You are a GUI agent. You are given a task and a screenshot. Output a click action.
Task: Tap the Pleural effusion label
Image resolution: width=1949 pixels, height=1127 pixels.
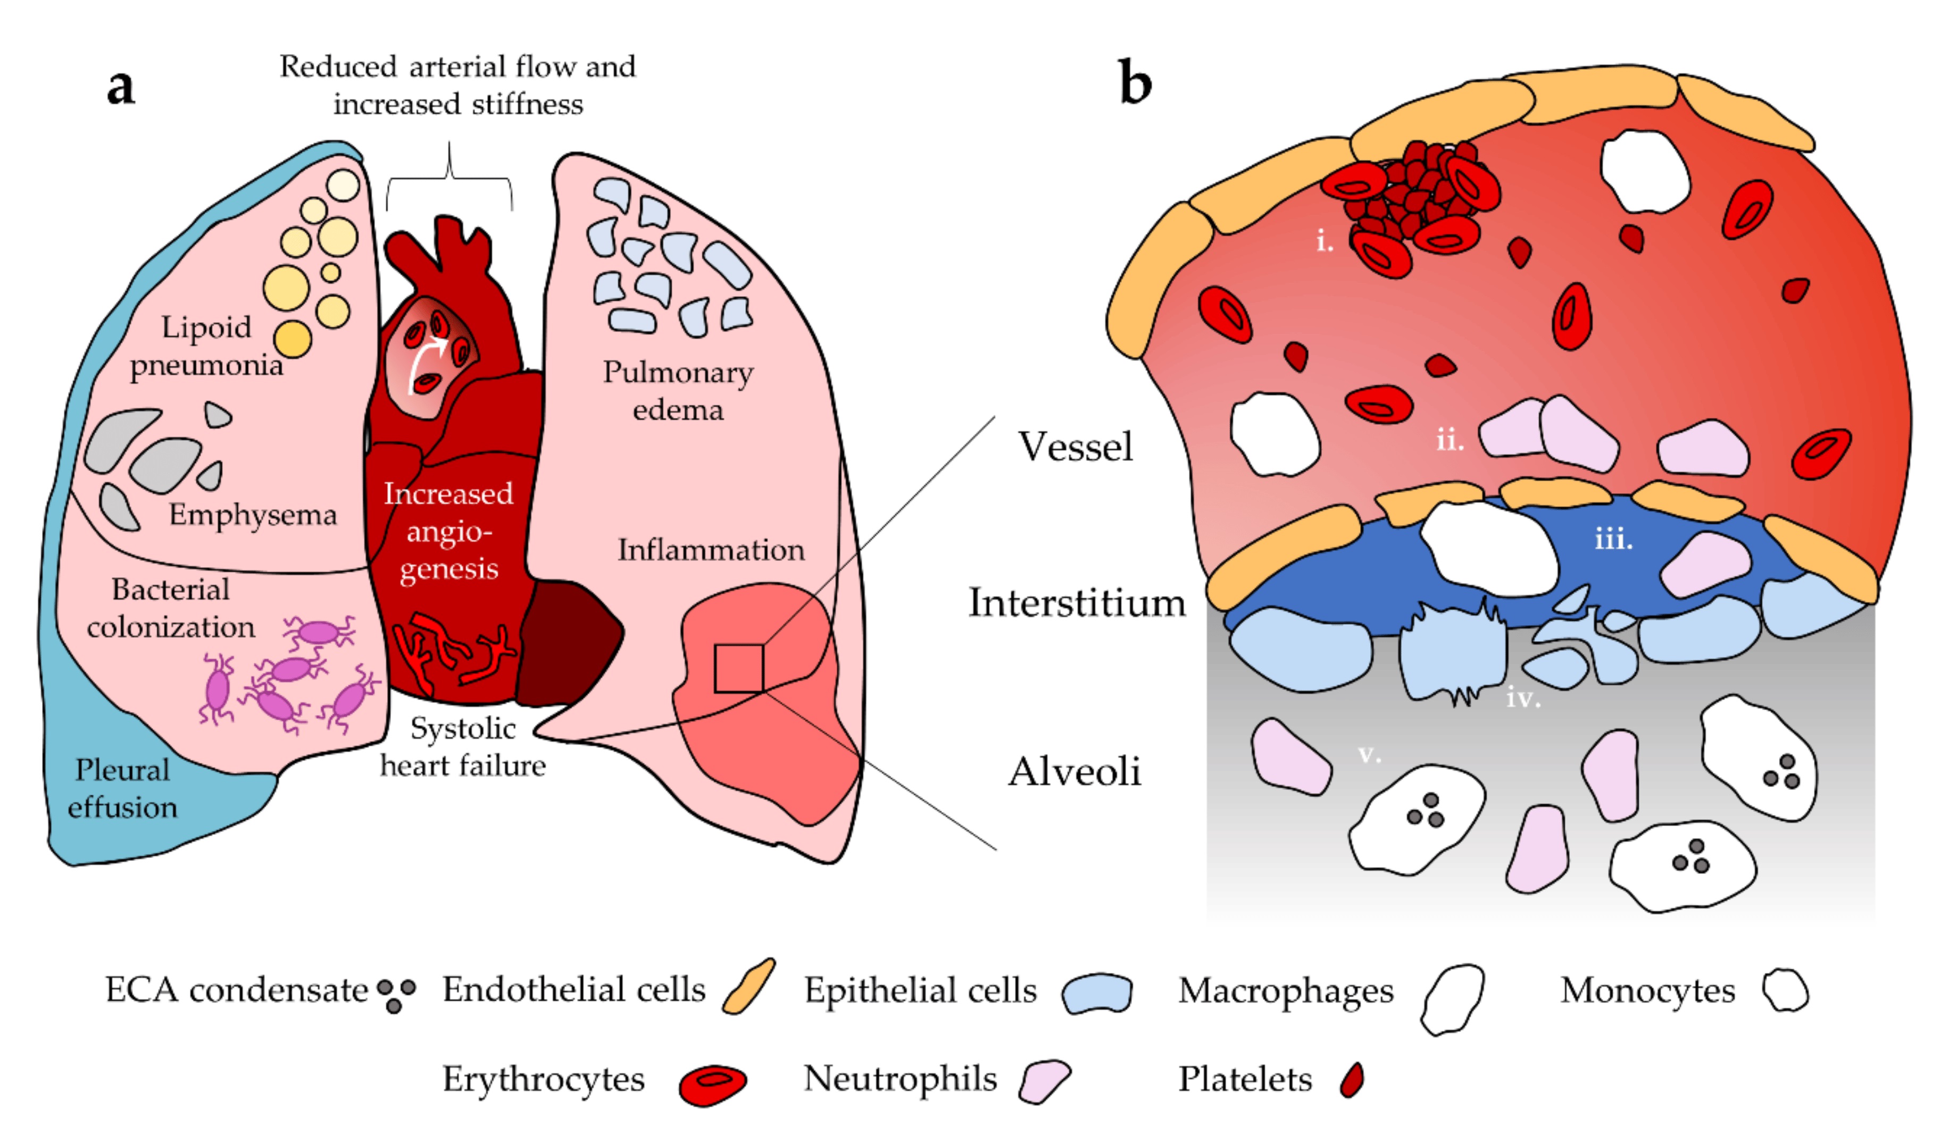122,788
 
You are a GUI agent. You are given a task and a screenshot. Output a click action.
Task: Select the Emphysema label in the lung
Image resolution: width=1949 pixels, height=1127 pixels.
253,515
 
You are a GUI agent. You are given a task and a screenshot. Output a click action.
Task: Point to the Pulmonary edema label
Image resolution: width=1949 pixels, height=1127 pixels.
678,390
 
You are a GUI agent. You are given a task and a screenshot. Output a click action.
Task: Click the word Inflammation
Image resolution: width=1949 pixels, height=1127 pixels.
711,550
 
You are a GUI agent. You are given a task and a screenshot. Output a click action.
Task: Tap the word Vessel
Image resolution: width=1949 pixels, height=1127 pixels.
1075,446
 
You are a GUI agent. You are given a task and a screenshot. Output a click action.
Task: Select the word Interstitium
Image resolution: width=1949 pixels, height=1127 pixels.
1077,603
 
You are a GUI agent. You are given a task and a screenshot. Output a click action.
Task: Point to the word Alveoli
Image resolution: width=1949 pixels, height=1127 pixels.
1075,771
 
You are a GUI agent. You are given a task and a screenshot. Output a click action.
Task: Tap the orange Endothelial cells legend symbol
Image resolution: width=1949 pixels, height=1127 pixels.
748,986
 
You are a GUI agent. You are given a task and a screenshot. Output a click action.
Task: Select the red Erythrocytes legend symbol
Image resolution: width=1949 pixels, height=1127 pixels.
712,1084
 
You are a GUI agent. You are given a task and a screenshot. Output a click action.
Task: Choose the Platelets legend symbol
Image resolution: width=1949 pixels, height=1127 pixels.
1353,1080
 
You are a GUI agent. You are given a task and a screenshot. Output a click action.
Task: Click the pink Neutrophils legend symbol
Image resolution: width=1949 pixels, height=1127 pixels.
1043,1081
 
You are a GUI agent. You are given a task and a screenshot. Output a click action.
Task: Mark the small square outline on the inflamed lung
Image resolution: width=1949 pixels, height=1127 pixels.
739,669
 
